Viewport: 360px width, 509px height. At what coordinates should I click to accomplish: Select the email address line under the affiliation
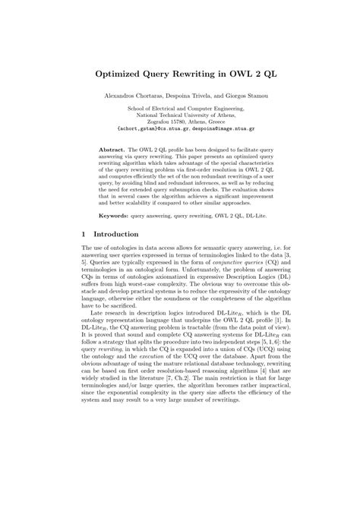click(x=179, y=129)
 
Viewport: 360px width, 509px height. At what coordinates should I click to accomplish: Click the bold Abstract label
click(x=114, y=151)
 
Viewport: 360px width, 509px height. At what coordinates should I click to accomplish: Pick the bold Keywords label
click(x=117, y=213)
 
